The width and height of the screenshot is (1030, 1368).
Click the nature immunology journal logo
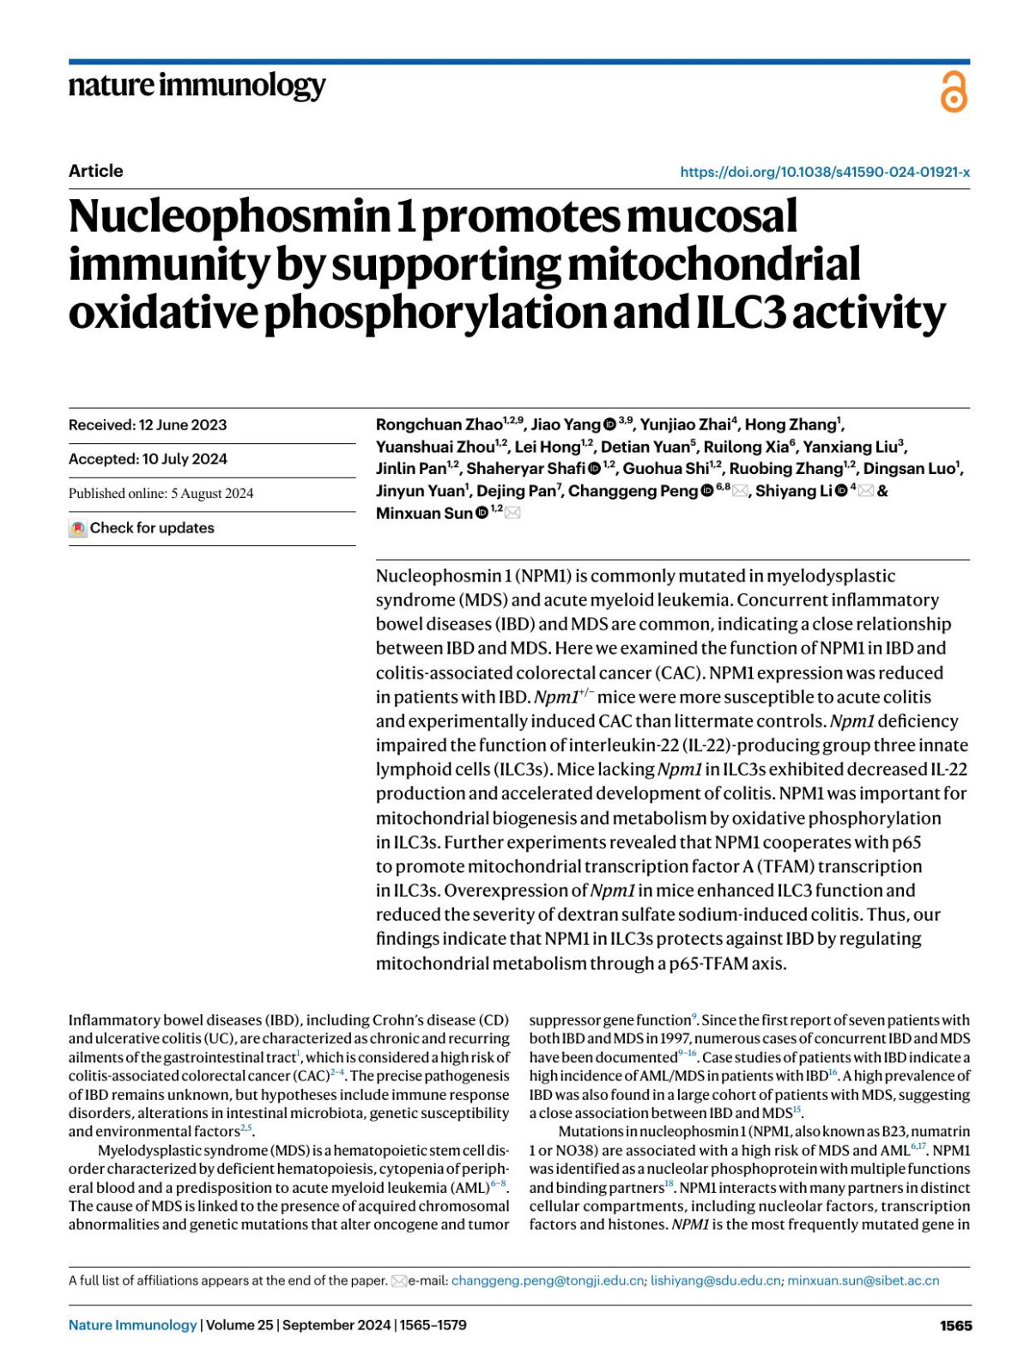(x=197, y=85)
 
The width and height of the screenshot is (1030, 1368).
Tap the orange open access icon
(x=954, y=92)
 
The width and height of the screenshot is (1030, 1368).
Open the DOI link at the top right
(x=824, y=172)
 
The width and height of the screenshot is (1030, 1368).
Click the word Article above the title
(x=95, y=171)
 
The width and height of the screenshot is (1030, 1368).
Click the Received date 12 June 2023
(x=148, y=425)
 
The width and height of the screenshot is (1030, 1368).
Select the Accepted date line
(x=148, y=459)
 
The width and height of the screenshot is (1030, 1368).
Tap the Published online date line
(x=161, y=494)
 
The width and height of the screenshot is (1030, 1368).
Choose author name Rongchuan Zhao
(x=439, y=425)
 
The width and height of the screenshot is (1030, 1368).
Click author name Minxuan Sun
(x=424, y=514)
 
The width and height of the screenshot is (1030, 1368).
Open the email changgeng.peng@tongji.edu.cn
(x=547, y=1280)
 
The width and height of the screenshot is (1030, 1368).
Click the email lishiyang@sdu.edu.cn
(x=715, y=1280)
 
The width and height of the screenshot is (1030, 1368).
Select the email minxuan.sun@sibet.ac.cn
(x=863, y=1280)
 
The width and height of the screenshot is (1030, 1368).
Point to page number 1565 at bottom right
(x=955, y=1325)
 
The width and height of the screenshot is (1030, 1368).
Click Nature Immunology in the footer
(x=132, y=1325)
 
